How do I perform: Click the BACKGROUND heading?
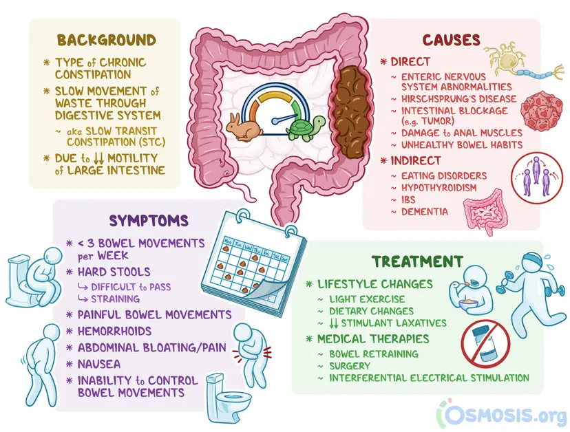(x=106, y=39)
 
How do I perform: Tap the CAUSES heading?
(x=452, y=39)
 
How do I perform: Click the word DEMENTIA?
(x=424, y=211)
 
